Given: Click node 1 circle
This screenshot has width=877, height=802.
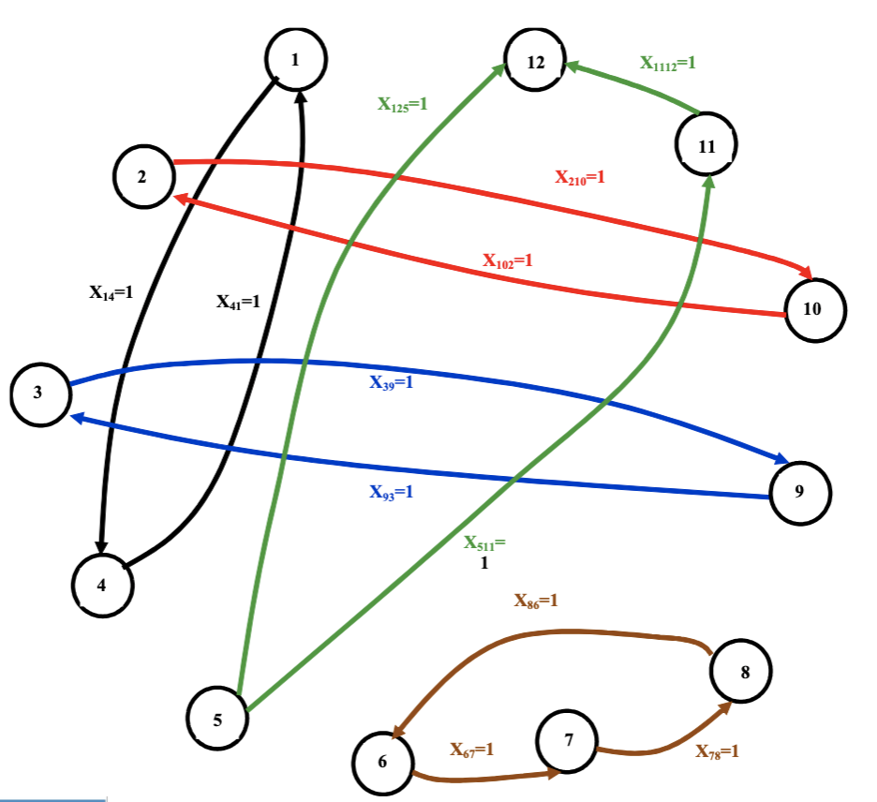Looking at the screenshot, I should [295, 60].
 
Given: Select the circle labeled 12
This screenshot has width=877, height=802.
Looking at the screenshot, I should [536, 63].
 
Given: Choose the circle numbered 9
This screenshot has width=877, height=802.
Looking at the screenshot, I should [799, 493].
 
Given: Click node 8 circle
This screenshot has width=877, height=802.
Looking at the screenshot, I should [741, 671].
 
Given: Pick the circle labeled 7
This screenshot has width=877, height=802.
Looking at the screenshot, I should [568, 739].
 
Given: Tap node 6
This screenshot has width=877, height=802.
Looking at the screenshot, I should [382, 761].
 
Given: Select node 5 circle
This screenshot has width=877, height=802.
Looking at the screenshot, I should [217, 720].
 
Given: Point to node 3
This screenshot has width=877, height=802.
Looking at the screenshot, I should [40, 394].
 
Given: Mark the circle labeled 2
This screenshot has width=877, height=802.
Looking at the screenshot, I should [143, 177].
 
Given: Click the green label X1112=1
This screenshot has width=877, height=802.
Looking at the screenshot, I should [668, 64].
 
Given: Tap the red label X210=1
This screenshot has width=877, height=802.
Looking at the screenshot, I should [580, 176].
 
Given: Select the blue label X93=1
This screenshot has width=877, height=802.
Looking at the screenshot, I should [391, 491].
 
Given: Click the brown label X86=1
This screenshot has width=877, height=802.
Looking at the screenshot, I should [536, 601].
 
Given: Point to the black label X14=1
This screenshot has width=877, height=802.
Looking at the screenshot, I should [111, 292].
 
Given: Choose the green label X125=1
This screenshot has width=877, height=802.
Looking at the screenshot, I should [402, 104].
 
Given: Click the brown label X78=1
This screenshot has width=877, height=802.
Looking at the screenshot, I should [717, 750].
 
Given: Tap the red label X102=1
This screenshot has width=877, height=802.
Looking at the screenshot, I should [508, 260].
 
